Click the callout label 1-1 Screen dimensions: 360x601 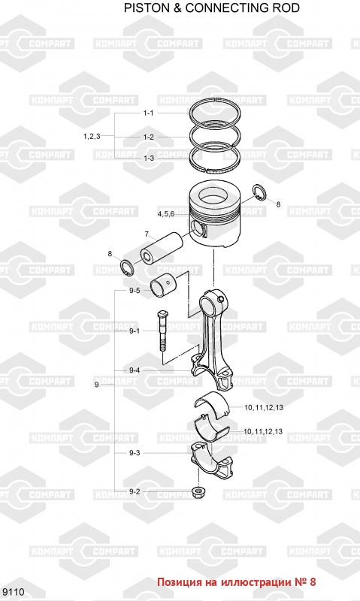[x=148, y=113]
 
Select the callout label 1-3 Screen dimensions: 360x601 [x=149, y=158]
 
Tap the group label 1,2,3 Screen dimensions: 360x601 [x=92, y=136]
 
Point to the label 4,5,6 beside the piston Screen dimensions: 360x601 [x=165, y=213]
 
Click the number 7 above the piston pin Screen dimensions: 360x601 [x=147, y=234]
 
